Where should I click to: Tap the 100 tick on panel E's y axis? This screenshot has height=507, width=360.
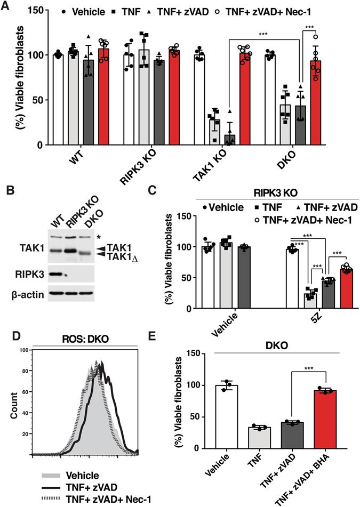tap(201, 385)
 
